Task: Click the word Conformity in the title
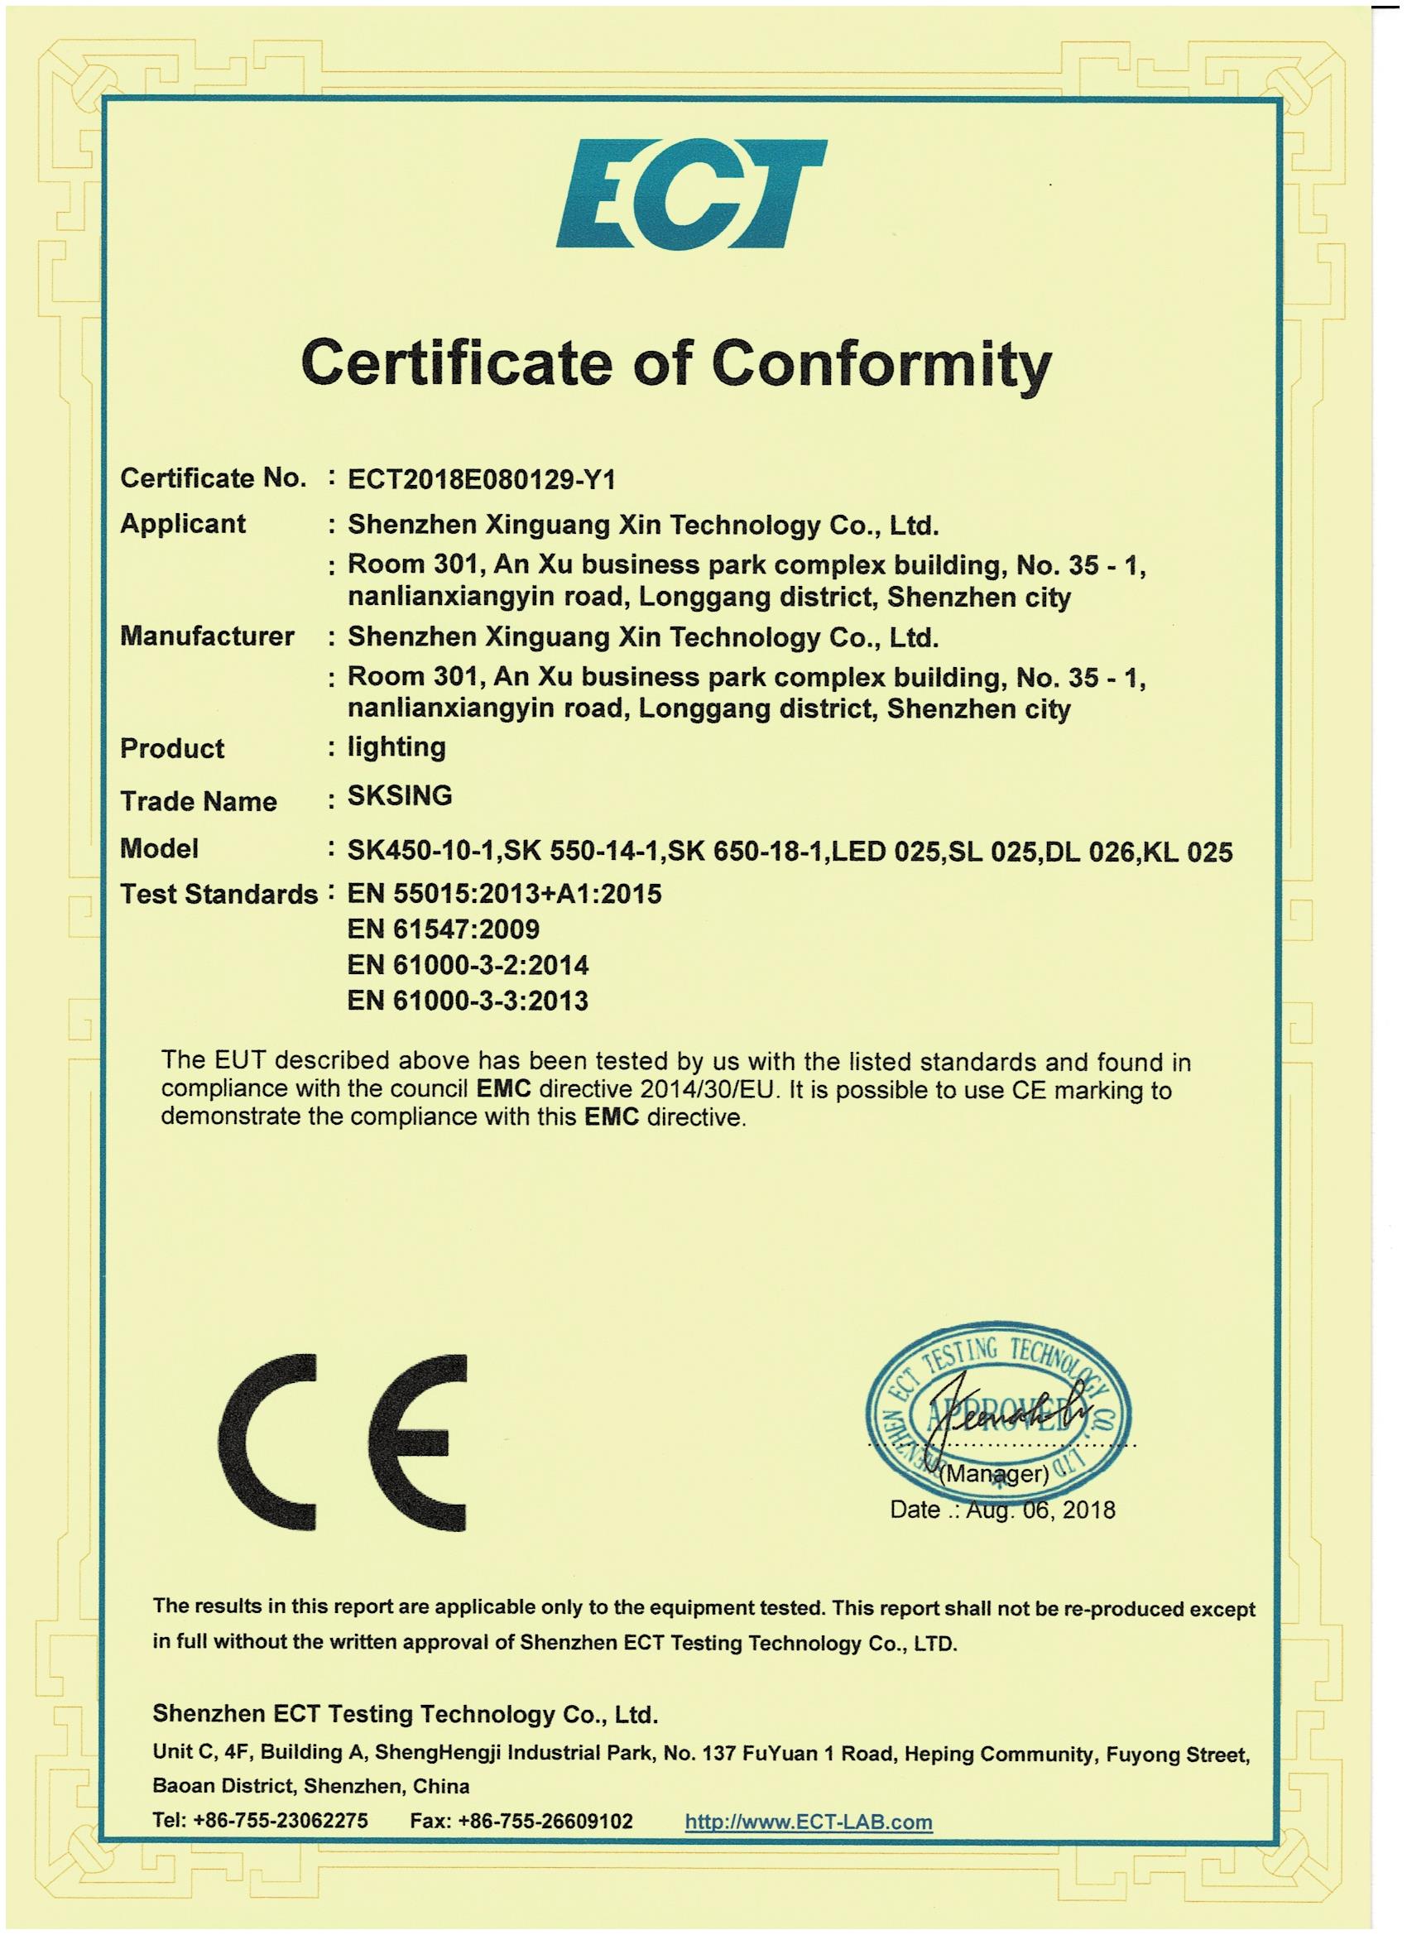click(x=881, y=363)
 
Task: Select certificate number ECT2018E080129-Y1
click(x=481, y=480)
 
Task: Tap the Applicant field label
click(x=183, y=523)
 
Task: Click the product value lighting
click(x=396, y=747)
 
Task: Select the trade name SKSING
click(x=399, y=795)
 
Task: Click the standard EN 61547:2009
click(x=443, y=929)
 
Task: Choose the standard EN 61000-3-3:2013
click(x=468, y=1000)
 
